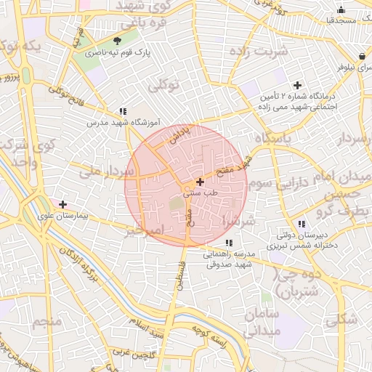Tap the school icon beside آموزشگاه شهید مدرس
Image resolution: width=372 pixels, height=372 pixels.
124,111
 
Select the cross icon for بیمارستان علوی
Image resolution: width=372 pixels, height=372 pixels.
63,204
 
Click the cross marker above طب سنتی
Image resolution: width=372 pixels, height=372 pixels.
200,181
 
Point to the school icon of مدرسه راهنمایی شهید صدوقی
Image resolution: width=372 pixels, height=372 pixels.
230,243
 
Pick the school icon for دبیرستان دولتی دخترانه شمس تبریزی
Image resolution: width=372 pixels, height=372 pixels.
301,224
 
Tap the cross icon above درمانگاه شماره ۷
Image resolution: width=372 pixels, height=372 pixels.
296,85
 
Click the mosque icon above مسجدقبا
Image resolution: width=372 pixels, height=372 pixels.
341,10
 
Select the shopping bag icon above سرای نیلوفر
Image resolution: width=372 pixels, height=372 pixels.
361,56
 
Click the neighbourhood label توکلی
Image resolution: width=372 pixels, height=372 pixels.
164,86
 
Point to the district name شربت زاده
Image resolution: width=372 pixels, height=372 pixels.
258,52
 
